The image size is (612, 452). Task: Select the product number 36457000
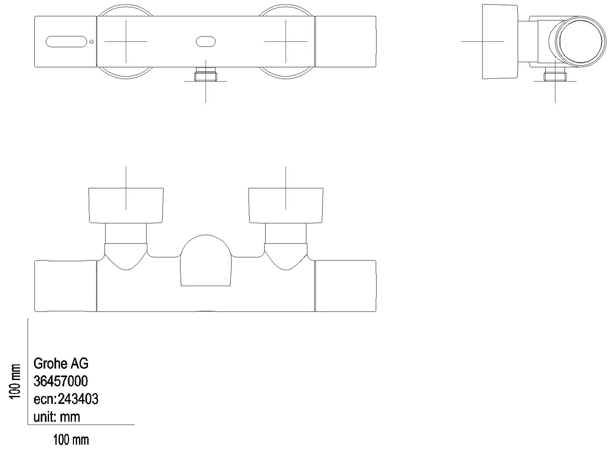(61, 381)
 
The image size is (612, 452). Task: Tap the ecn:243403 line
(66, 399)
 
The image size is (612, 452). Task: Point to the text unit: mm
(57, 417)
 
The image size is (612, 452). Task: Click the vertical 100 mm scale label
(15, 381)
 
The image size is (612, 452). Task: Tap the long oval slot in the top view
(66, 41)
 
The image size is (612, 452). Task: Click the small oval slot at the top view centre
(206, 41)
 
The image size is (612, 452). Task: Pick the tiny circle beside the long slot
(92, 41)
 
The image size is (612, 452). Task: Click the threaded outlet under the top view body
(206, 77)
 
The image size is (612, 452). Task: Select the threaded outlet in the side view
(555, 77)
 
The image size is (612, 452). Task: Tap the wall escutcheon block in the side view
(500, 41)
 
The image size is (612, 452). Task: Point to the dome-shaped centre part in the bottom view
(206, 260)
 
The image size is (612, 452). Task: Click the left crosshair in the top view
(126, 41)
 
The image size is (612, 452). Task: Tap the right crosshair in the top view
(286, 41)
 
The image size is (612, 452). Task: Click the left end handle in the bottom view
(65, 286)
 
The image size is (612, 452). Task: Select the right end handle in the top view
(346, 41)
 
